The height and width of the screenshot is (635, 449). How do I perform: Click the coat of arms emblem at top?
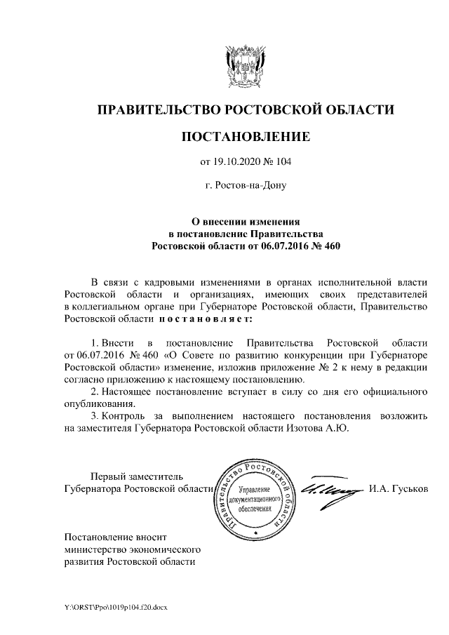pyautogui.click(x=245, y=66)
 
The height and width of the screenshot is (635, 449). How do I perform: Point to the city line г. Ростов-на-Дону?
pyautogui.click(x=245, y=186)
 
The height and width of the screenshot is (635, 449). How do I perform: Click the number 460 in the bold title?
pyautogui.click(x=328, y=246)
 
